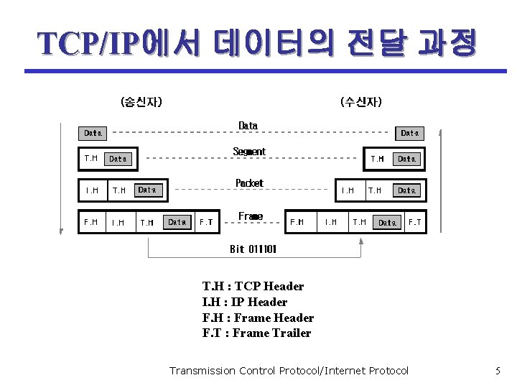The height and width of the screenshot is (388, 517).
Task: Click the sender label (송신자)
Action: pyautogui.click(x=141, y=102)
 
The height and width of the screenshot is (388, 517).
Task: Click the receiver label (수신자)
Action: pyautogui.click(x=361, y=102)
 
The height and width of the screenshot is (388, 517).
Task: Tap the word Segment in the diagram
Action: pyautogui.click(x=249, y=152)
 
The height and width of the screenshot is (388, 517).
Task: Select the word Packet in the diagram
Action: pyautogui.click(x=249, y=183)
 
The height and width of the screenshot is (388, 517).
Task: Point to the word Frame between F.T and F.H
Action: pyautogui.click(x=251, y=216)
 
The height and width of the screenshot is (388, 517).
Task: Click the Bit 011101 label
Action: pyautogui.click(x=253, y=249)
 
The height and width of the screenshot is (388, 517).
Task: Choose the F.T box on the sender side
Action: pyautogui.click(x=206, y=222)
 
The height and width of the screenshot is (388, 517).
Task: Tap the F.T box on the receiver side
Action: pyautogui.click(x=414, y=222)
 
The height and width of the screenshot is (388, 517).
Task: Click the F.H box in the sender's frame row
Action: pyautogui.click(x=91, y=222)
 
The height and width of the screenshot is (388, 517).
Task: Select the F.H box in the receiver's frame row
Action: pyautogui.click(x=297, y=222)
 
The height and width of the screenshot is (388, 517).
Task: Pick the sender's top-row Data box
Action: pyautogui.click(x=93, y=133)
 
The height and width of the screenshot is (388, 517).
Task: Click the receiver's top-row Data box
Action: pyautogui.click(x=410, y=133)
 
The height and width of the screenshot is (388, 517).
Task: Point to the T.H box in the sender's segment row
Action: pyautogui.click(x=91, y=158)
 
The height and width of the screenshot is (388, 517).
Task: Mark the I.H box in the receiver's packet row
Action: pyautogui.click(x=348, y=190)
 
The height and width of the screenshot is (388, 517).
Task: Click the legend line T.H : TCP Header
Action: pyautogui.click(x=253, y=286)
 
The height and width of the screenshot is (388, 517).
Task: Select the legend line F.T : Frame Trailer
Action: pyautogui.click(x=257, y=333)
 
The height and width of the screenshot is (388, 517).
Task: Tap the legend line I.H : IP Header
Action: pyautogui.click(x=245, y=302)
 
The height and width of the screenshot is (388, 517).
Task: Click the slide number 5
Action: pyautogui.click(x=498, y=371)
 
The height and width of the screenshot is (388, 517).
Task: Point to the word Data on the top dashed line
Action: pyautogui.click(x=248, y=126)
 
